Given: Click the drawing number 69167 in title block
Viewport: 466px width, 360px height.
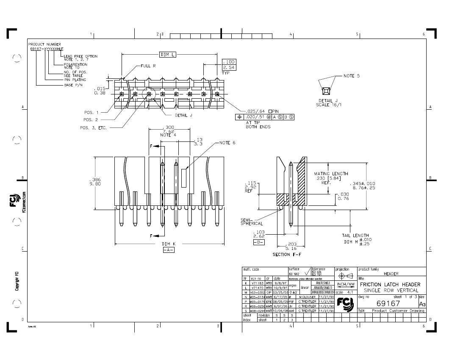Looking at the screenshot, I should pos(388,304).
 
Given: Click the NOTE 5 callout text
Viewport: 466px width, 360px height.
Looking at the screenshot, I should pos(352,76).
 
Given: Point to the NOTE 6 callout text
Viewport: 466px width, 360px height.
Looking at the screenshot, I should pos(227,143).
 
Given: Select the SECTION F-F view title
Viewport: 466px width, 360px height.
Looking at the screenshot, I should pos(287,255).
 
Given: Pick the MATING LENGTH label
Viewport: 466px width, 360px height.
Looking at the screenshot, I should pos(331,174).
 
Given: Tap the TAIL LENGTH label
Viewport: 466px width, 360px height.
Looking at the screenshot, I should pos(355,235).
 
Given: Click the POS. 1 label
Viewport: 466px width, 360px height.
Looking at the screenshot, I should pos(91,113).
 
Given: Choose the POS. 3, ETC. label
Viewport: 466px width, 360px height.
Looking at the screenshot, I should pos(93,127).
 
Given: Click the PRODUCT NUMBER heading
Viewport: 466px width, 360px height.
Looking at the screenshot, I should pos(44,44).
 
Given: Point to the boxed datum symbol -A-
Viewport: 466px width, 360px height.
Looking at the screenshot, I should pos(169,250).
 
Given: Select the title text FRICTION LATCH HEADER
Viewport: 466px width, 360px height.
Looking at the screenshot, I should pos(390,285).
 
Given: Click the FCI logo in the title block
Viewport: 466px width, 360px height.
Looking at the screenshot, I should pos(346,303).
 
